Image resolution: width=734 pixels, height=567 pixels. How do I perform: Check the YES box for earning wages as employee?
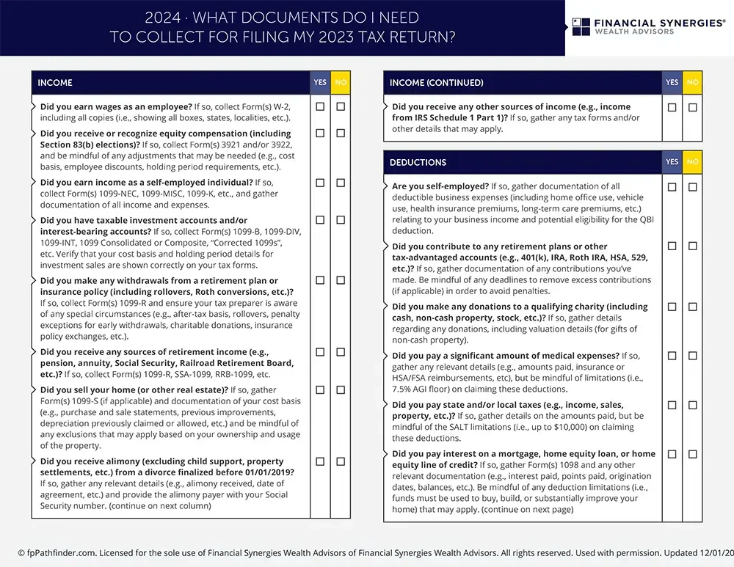point(320,106)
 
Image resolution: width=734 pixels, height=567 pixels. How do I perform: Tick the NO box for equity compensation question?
point(341,133)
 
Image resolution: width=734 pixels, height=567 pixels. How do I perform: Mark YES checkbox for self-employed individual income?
point(320,183)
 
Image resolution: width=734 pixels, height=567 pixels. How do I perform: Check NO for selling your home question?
point(341,389)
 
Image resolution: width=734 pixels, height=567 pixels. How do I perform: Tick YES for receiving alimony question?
point(320,461)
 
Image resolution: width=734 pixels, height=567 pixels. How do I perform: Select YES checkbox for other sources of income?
point(672,107)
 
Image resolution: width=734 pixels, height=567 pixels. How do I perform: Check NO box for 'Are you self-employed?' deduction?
point(693,187)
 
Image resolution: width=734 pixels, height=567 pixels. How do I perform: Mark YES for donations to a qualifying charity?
point(672,307)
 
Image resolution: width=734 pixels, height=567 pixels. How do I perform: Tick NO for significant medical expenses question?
point(693,356)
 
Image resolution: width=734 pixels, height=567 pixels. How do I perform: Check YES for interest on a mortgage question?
point(672,454)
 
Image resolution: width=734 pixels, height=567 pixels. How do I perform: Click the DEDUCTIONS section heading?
point(418,162)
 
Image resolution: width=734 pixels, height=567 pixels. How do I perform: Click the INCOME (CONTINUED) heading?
point(436,83)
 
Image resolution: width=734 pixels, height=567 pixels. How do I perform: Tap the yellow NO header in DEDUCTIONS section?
point(692,162)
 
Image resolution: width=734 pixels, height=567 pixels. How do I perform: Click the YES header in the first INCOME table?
point(320,83)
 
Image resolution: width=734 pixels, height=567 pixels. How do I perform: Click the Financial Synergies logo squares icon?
point(581,26)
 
